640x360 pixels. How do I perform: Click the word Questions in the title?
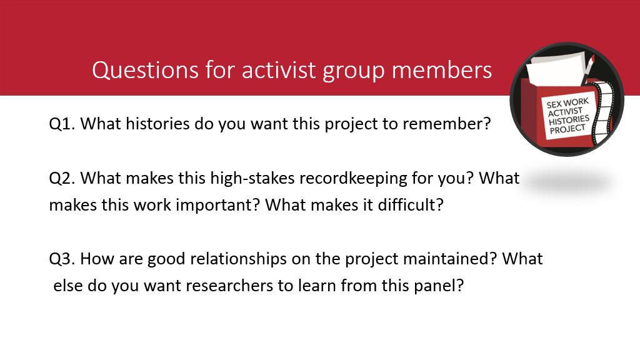[145, 70]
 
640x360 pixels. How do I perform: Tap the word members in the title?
[442, 70]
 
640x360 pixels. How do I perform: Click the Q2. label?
[62, 178]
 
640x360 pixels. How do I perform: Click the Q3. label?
[62, 259]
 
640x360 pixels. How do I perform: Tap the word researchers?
[218, 286]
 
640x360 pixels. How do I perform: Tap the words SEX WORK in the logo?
[567, 104]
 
